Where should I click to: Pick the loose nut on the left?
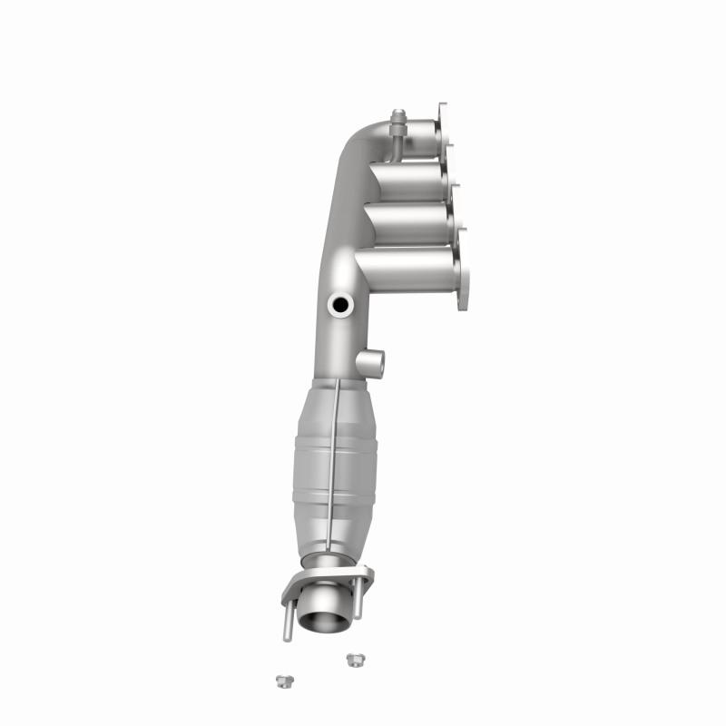point(281,680)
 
